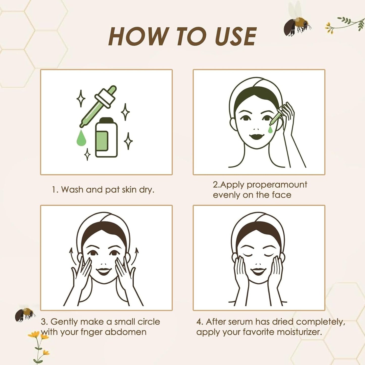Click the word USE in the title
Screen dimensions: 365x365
(x=236, y=37)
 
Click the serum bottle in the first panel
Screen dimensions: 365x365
(x=106, y=138)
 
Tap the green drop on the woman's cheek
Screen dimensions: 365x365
(x=271, y=129)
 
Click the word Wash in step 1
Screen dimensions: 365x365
(x=72, y=189)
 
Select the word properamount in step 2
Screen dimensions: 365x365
(x=277, y=185)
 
